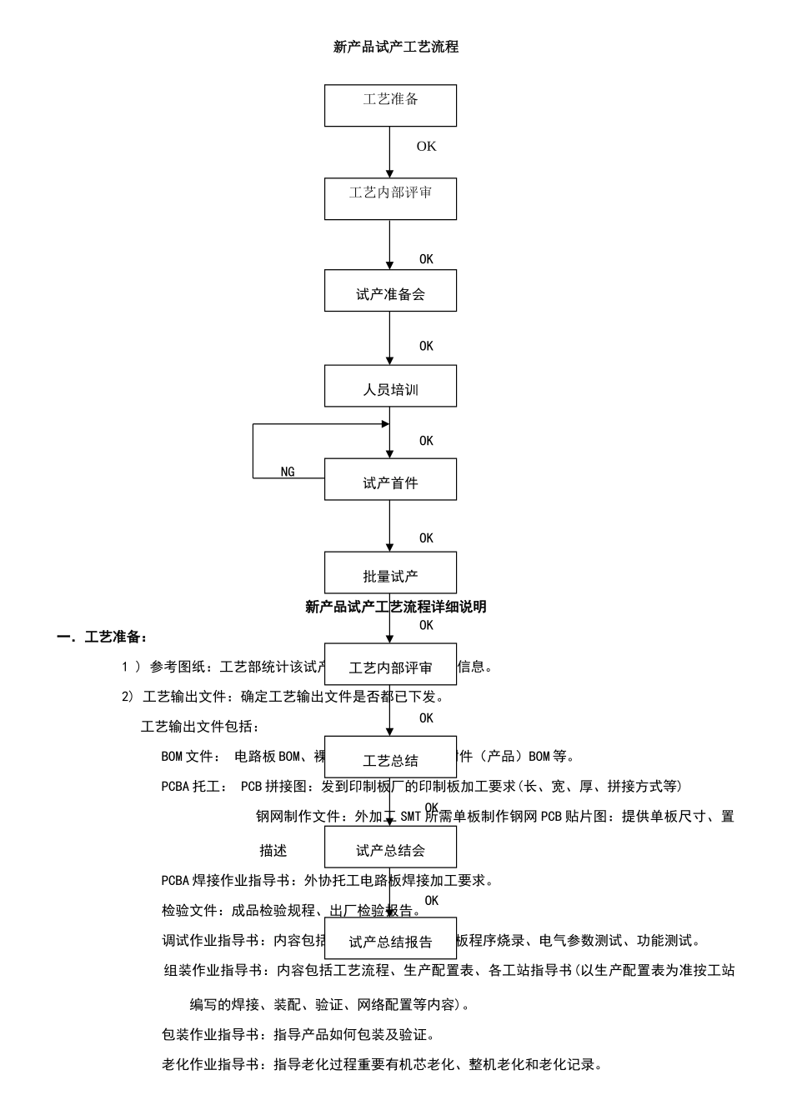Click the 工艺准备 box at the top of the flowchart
coord(390,105)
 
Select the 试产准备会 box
coord(390,291)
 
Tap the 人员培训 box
coord(390,386)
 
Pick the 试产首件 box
coord(390,479)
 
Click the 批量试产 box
coord(390,572)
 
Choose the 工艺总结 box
coord(390,757)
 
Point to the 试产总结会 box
coord(390,847)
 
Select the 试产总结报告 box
coord(390,938)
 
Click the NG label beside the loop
coord(288,472)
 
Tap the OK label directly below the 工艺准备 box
coord(426,146)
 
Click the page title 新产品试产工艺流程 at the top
coord(396,47)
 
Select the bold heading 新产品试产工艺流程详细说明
coord(396,607)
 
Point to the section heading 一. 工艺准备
coord(103,637)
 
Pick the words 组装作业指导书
coord(214,970)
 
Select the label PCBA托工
coord(190,787)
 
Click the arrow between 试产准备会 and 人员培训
coord(389,337)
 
